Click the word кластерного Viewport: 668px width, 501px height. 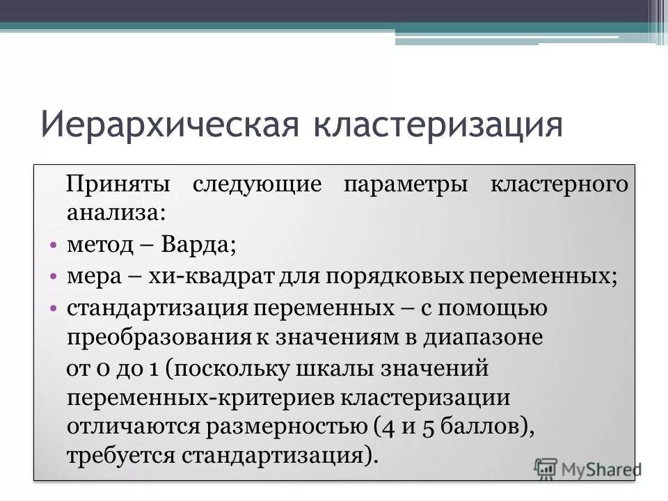click(x=560, y=185)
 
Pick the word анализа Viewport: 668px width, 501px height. click(x=116, y=213)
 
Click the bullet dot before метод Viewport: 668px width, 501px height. click(x=53, y=246)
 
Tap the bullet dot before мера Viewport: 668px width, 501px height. click(x=53, y=276)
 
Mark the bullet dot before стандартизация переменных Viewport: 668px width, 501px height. click(x=53, y=308)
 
